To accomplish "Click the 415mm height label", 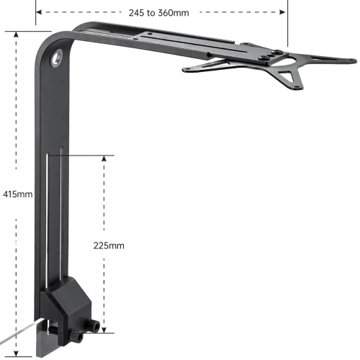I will [17, 194].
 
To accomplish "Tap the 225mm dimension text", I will [109, 245].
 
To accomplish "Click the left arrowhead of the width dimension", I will [38, 12].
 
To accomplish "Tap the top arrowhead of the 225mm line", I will [106, 157].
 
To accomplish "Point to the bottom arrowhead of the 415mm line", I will [17, 354].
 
